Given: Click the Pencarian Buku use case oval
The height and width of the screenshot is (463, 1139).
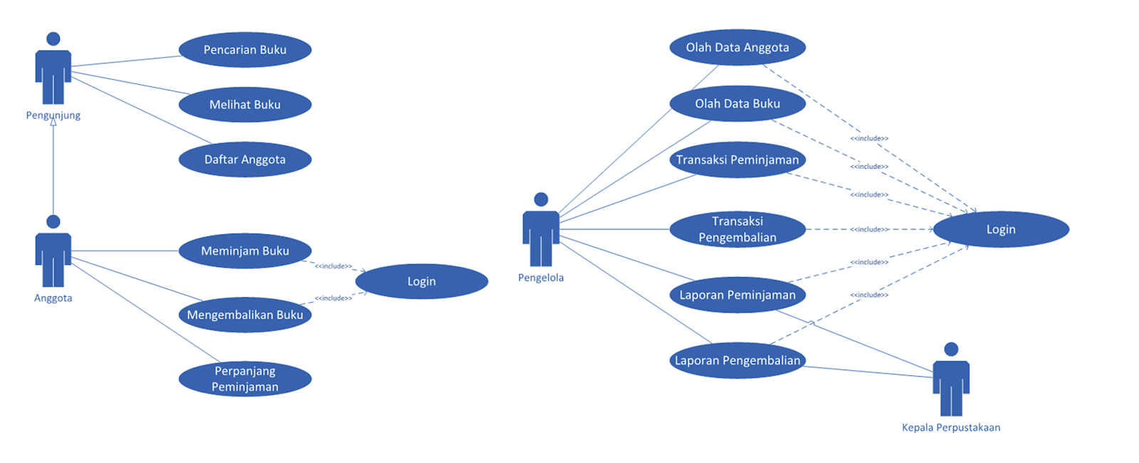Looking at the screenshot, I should coord(245,50).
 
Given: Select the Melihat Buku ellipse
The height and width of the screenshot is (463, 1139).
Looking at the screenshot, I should coord(245,105).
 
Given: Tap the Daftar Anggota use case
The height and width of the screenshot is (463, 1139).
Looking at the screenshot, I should coord(245,160).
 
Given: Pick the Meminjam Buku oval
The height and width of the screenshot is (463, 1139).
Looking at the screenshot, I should coord(245,251).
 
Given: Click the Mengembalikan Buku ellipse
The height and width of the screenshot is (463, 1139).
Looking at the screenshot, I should coord(245,315).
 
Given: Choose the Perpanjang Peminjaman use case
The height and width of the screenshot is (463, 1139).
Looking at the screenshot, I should coord(245,379).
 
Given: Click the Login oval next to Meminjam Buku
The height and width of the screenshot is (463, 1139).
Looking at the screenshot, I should coord(421,281).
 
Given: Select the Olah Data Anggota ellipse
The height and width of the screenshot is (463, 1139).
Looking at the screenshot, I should coord(738,48).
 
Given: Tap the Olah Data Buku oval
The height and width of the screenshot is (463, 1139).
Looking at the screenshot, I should coord(738,104).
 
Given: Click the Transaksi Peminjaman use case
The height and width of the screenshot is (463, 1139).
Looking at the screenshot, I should coord(738,160).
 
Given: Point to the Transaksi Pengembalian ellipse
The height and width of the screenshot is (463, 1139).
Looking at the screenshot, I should coord(738,229).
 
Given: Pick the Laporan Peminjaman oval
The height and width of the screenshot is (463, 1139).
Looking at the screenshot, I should coord(738,295).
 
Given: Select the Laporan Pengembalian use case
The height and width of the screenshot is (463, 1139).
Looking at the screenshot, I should coord(738,360).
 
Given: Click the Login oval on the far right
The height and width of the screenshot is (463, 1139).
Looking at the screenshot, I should coord(1001,229).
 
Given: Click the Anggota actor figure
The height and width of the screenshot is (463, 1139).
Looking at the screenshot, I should coord(53,253).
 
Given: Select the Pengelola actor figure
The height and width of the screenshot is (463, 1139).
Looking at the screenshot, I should coord(541,231).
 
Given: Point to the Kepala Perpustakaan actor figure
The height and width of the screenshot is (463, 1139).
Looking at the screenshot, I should coord(951,381).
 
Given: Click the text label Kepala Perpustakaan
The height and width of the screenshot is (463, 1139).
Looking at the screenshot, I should coord(951,427).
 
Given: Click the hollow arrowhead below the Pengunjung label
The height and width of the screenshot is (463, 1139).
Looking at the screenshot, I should coord(53,123).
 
